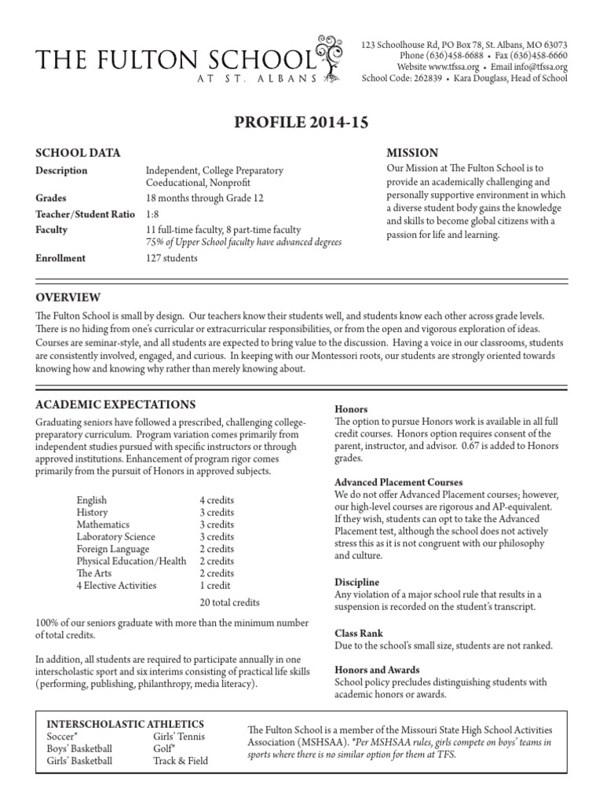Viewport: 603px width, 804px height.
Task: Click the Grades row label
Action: [x=51, y=199]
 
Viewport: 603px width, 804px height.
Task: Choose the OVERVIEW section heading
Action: [x=68, y=297]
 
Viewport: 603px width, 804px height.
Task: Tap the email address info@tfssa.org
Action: [x=538, y=67]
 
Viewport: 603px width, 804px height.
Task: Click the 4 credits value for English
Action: [x=217, y=500]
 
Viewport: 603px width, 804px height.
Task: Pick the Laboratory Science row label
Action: [x=115, y=537]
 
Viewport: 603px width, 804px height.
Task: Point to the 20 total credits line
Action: [x=231, y=602]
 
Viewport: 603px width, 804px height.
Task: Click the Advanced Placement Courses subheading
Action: [x=398, y=481]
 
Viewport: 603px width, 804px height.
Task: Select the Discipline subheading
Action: [x=356, y=582]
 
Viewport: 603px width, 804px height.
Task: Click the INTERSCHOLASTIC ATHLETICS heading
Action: [x=126, y=723]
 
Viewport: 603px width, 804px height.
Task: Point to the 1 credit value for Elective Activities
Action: [x=214, y=585]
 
